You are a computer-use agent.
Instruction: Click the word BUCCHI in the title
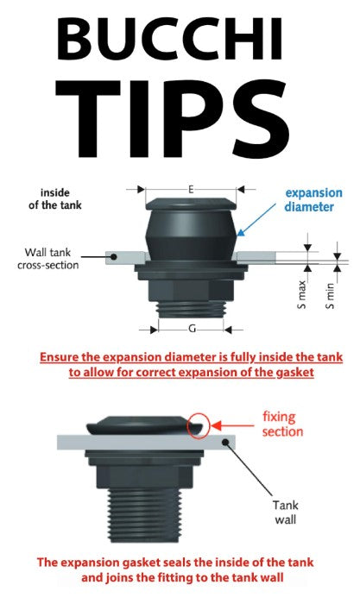click(169, 39)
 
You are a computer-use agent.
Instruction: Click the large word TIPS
click(173, 118)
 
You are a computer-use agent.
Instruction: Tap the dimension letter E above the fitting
click(191, 190)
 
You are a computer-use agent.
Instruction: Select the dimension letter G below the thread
click(192, 329)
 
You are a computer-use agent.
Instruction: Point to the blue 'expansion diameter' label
click(313, 199)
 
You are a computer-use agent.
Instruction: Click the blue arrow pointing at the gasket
click(256, 219)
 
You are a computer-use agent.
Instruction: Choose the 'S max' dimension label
click(302, 294)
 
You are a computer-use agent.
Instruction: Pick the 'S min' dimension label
click(330, 296)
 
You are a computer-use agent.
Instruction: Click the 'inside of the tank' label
click(54, 198)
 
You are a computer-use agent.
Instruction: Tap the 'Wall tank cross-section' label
click(47, 259)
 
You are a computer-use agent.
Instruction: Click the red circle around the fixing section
click(199, 425)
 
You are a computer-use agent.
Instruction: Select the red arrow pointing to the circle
click(232, 425)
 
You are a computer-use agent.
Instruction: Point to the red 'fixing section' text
click(282, 424)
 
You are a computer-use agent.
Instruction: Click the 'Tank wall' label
click(286, 512)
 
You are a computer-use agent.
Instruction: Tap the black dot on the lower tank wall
click(226, 442)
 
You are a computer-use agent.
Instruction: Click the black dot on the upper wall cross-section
click(114, 256)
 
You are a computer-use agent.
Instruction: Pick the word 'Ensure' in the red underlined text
click(59, 357)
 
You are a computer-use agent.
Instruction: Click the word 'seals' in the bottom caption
click(177, 562)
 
